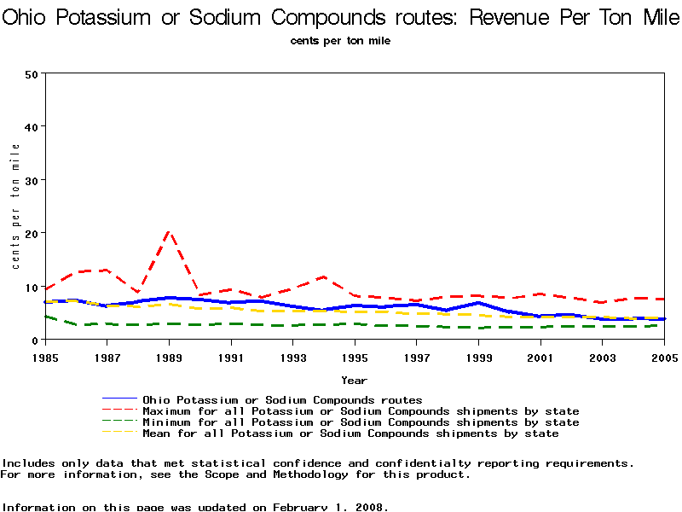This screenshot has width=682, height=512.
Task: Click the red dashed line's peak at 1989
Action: coord(169,231)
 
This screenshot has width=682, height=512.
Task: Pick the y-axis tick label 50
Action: coord(32,73)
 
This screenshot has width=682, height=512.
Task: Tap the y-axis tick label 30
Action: coord(32,180)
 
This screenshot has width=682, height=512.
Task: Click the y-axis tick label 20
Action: coord(32,233)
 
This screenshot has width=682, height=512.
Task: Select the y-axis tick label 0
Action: coord(35,340)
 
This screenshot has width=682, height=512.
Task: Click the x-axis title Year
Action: coord(354,380)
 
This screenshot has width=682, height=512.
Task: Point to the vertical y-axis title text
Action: coord(15,207)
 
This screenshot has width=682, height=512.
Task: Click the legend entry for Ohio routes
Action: coord(282,399)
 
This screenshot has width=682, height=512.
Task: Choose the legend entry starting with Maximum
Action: coord(361,411)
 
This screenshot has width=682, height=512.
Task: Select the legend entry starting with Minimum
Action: coord(361,422)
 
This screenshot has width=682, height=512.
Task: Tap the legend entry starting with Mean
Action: coord(350,433)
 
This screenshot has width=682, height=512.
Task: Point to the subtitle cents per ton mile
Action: coord(340,40)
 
